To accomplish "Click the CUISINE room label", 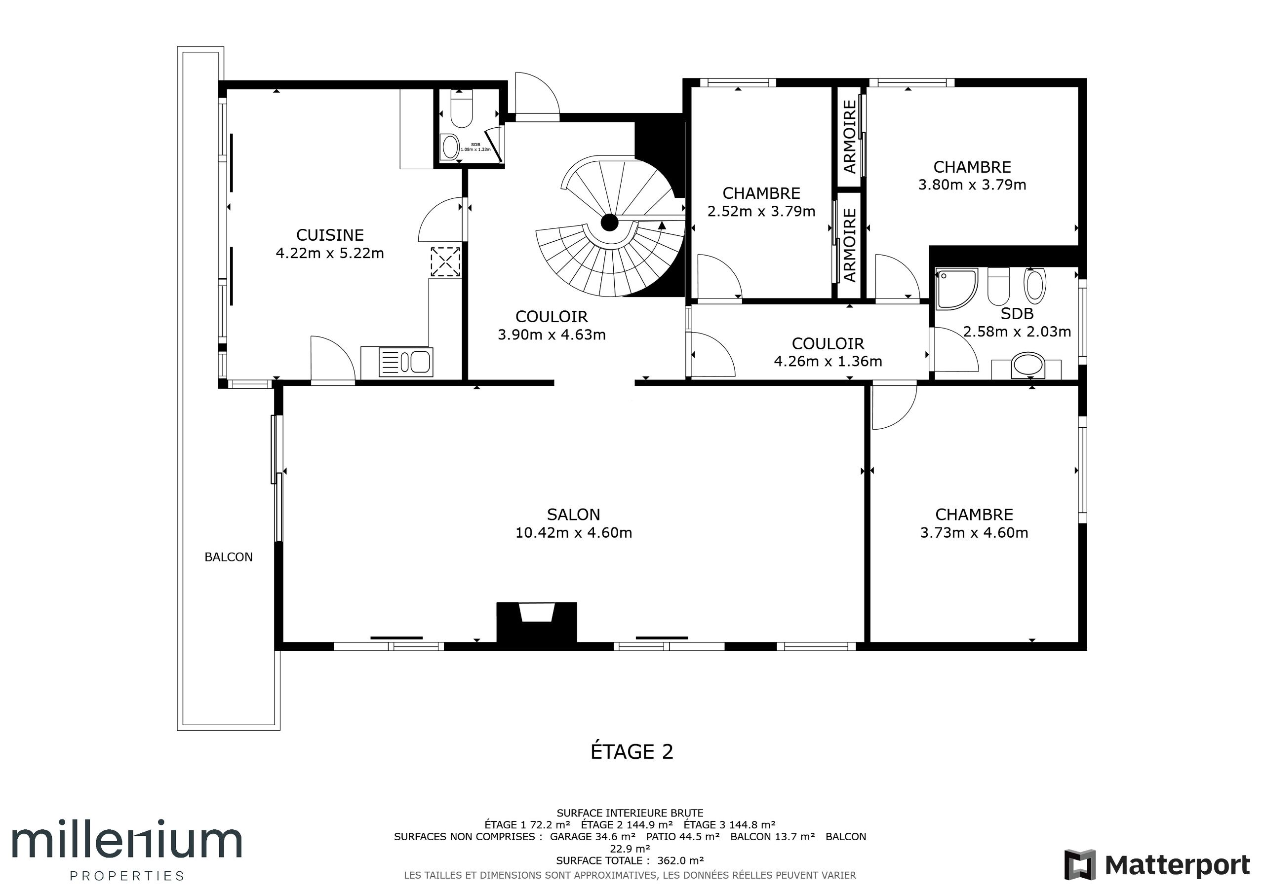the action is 330,235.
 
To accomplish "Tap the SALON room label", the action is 573,515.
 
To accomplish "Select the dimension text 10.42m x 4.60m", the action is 573,533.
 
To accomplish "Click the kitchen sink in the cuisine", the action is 406,362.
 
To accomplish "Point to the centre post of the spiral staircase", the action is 609,223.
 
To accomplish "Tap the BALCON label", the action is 229,557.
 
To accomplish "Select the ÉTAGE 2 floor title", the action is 632,751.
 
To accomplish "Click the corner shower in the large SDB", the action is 956,288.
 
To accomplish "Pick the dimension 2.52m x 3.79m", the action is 761,211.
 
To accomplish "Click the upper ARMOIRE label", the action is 849,137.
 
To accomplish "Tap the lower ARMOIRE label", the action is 849,245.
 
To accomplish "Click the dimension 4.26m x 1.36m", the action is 828,362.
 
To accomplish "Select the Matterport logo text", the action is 1178,865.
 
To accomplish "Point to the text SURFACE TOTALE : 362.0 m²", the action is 630,860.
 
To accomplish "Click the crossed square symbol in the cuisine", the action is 445,262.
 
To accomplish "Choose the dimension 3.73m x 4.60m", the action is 974,533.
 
